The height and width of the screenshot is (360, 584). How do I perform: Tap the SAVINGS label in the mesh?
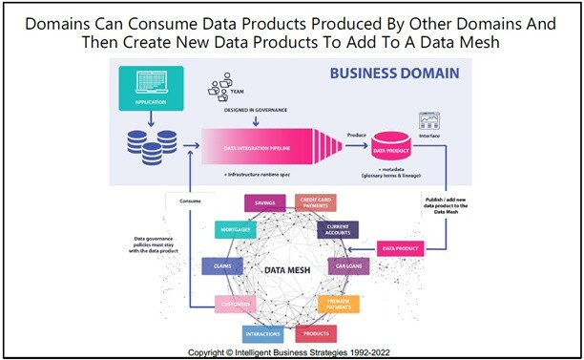point(266,202)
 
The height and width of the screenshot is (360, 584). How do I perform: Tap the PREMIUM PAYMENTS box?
point(338,305)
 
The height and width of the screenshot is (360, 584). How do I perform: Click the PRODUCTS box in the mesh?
point(318,333)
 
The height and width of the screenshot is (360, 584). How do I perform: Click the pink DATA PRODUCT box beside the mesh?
point(401,248)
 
